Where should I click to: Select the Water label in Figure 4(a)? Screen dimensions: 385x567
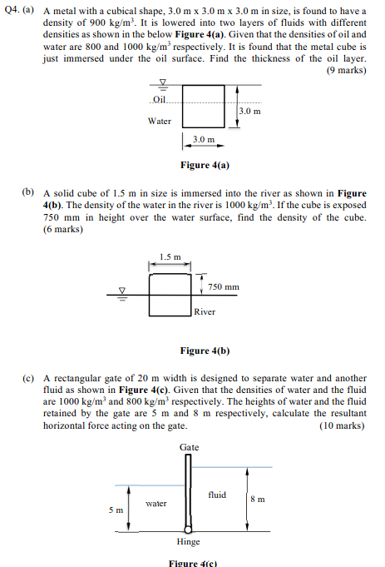point(160,122)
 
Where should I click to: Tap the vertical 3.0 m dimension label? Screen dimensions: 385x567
point(249,111)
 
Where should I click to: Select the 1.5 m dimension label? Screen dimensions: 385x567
point(170,256)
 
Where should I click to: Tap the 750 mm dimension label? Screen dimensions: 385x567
point(224,287)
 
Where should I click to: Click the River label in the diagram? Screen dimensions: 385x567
point(205,311)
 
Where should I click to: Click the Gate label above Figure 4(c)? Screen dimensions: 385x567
point(189,447)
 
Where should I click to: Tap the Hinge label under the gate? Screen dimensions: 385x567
point(189,542)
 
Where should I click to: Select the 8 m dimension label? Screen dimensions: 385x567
point(258,500)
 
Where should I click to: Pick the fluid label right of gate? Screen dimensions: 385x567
point(217,495)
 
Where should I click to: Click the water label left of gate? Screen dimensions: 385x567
point(156,504)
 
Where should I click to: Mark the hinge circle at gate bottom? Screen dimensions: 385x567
point(189,529)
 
